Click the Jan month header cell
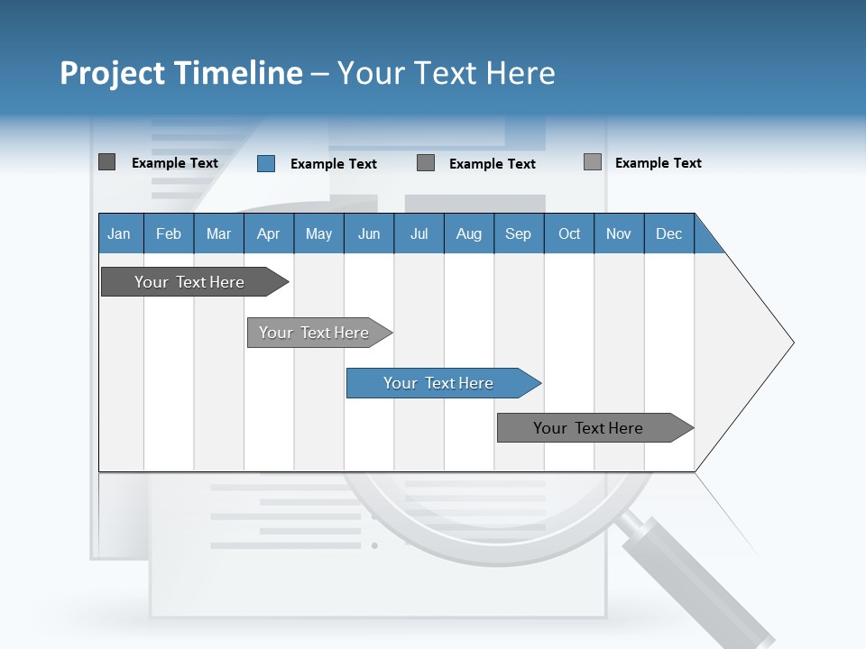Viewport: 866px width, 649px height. [x=120, y=233]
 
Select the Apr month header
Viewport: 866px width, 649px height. [x=269, y=233]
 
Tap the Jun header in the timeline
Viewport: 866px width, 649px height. [x=369, y=233]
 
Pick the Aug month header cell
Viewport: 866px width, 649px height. [x=469, y=233]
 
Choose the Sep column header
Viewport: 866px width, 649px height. [x=519, y=233]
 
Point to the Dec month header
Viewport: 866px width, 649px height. [x=669, y=233]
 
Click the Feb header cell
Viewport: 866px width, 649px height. [x=169, y=233]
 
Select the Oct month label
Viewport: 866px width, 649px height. [x=569, y=233]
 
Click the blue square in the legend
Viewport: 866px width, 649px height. [x=266, y=163]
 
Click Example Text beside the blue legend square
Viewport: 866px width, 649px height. [x=334, y=164]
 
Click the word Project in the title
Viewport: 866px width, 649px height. [x=111, y=73]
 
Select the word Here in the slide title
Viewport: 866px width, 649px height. [x=521, y=73]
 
